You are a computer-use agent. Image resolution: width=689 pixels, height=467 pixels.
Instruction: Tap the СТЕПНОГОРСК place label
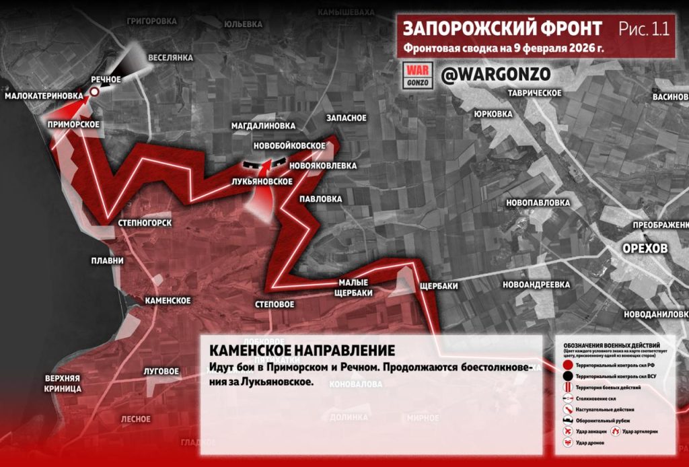click(144, 223)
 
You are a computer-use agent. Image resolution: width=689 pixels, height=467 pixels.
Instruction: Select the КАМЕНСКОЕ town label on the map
click(168, 301)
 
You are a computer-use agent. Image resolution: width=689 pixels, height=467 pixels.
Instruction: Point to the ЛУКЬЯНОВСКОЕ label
click(261, 182)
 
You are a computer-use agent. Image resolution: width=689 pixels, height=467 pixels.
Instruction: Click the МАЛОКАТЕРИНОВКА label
click(44, 96)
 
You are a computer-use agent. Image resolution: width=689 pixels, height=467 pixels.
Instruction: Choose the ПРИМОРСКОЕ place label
click(73, 124)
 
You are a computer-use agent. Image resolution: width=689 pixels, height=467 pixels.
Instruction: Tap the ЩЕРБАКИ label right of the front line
click(438, 286)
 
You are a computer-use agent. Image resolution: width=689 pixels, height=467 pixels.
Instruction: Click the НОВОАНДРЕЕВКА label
click(536, 285)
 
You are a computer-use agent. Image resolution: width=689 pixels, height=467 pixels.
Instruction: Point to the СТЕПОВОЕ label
click(275, 304)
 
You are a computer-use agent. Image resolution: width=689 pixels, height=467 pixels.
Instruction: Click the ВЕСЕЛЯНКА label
click(170, 58)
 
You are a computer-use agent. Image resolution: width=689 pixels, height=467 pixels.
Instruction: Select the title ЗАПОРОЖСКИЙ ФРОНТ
click(503, 29)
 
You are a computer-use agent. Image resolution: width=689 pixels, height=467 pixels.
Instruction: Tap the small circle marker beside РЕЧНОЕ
click(96, 92)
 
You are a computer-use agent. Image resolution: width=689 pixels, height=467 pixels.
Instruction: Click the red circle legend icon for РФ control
click(568, 364)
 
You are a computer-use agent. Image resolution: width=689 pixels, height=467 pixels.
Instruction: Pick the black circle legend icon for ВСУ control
click(568, 375)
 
